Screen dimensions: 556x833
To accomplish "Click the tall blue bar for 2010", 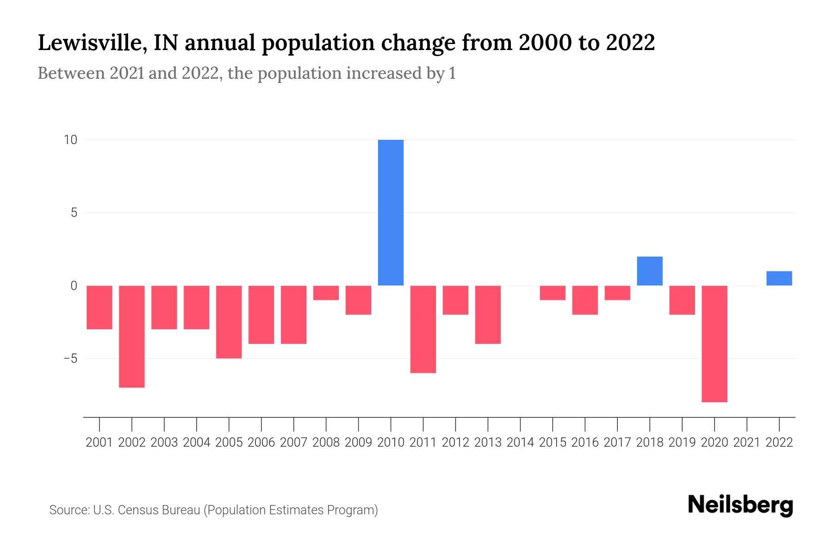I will pyautogui.click(x=391, y=213).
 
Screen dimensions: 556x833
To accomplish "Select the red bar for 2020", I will pyautogui.click(x=715, y=343).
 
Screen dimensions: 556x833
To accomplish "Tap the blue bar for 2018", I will pyautogui.click(x=650, y=271).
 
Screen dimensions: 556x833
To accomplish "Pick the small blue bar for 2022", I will pyautogui.click(x=779, y=278).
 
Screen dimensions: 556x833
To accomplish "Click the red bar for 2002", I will pyautogui.click(x=132, y=336).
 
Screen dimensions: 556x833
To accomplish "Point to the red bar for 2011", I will pyautogui.click(x=423, y=329).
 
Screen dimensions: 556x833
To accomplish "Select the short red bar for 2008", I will pyautogui.click(x=326, y=293).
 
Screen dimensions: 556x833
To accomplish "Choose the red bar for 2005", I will pyautogui.click(x=229, y=322).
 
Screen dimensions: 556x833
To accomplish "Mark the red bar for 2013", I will pyautogui.click(x=488, y=315).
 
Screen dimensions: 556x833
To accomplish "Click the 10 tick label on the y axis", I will pyautogui.click(x=70, y=140).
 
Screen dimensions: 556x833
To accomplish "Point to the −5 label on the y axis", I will pyautogui.click(x=69, y=359).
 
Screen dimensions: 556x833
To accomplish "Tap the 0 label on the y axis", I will pyautogui.click(x=74, y=286).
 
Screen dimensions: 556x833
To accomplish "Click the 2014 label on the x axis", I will pyautogui.click(x=520, y=442).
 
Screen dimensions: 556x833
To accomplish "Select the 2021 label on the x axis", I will pyautogui.click(x=747, y=442).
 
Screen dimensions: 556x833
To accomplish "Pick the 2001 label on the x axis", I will pyautogui.click(x=99, y=442).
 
